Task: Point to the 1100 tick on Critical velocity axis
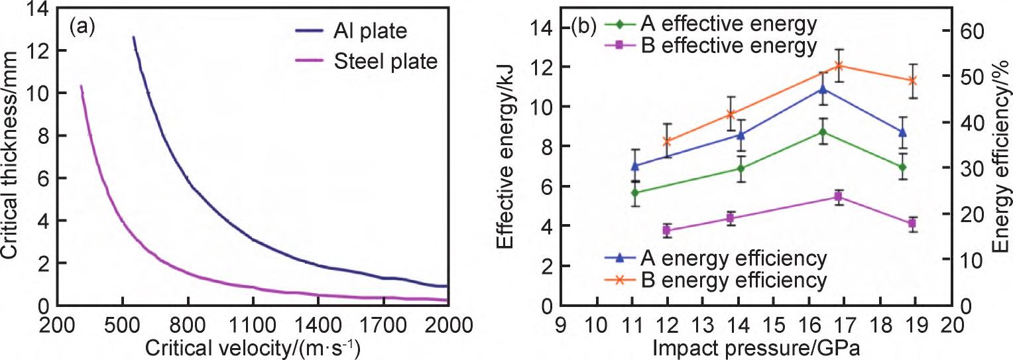pyautogui.click(x=253, y=326)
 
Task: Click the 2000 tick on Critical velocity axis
pyautogui.click(x=448, y=326)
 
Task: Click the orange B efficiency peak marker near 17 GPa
pyautogui.click(x=839, y=66)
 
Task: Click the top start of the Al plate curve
pyautogui.click(x=133, y=38)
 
